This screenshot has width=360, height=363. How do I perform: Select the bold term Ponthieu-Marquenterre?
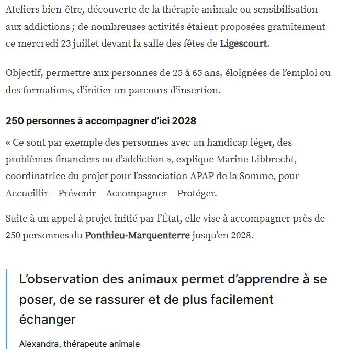[137, 235]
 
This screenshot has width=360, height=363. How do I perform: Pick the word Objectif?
[24, 73]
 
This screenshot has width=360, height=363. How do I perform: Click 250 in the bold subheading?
[15, 121]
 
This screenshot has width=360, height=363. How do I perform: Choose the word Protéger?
[197, 193]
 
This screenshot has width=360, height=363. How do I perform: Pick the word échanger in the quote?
[47, 319]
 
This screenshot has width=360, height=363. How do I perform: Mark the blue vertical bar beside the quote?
[7, 309]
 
